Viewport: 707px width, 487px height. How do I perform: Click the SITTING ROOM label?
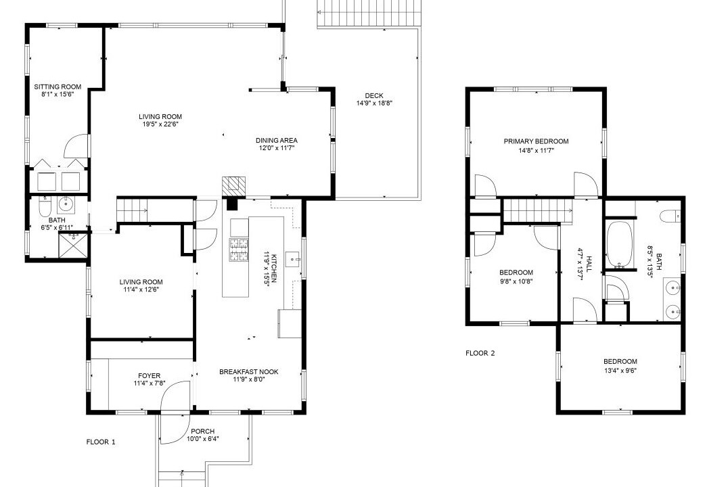[58, 87]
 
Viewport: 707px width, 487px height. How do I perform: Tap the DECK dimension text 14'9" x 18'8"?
[373, 103]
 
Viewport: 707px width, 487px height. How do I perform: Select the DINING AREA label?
[277, 140]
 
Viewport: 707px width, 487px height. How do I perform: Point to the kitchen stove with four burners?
[239, 250]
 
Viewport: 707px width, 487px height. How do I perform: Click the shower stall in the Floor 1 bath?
[72, 245]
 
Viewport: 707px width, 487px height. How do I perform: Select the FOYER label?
[150, 375]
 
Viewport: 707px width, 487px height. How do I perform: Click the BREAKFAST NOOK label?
[248, 371]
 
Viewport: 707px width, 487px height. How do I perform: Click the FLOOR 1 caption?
[101, 442]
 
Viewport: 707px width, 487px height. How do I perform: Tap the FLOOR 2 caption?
[480, 353]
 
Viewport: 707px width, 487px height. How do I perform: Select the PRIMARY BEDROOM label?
[536, 141]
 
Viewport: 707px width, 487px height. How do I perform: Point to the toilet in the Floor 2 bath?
[670, 217]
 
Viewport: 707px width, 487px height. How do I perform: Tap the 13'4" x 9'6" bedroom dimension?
[620, 371]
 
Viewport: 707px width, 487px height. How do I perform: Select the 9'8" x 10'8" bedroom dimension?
[516, 281]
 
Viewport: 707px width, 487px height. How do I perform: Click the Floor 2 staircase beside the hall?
[537, 210]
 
